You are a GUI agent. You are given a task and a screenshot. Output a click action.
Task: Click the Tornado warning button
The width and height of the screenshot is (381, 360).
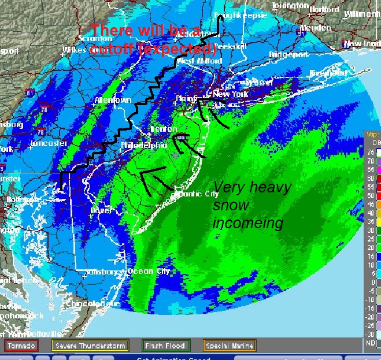pyautogui.click(x=21, y=346)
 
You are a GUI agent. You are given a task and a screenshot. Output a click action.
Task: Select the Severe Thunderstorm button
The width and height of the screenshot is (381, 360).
pyautogui.click(x=90, y=346)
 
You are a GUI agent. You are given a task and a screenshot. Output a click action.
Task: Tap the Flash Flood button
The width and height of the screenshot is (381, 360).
pyautogui.click(x=167, y=346)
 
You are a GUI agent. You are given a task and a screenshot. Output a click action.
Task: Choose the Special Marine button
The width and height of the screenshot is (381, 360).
pyautogui.click(x=229, y=346)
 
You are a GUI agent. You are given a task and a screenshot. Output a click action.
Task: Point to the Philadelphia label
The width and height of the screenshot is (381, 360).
pyautogui.click(x=144, y=146)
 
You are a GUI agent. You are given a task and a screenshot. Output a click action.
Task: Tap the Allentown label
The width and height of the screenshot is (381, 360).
pyautogui.click(x=113, y=100)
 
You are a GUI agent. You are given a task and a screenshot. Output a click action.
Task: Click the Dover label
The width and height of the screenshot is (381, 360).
pyautogui.click(x=101, y=210)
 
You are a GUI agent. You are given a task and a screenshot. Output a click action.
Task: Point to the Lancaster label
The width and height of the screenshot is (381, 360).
pyautogui.click(x=49, y=143)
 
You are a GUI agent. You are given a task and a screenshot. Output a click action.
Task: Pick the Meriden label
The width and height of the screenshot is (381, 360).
pyautogui.click(x=315, y=27)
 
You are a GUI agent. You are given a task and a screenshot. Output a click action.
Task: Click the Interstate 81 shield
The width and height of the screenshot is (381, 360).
pyautogui.click(x=30, y=92)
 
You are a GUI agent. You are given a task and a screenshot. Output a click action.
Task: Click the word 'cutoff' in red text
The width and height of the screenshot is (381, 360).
pyautogui.click(x=114, y=50)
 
